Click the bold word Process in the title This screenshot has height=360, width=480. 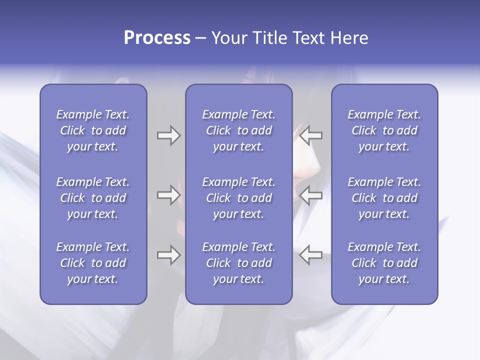(x=157, y=38)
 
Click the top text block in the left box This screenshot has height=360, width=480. (x=93, y=130)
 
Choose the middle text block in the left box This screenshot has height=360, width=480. (x=93, y=198)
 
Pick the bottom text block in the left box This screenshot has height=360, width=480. (x=93, y=263)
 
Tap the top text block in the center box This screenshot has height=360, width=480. (x=238, y=130)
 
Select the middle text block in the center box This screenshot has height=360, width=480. (x=238, y=198)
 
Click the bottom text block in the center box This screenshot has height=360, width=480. (x=238, y=263)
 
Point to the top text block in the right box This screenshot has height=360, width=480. (x=384, y=130)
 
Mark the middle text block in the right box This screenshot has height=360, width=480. (x=384, y=198)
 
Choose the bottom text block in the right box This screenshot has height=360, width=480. (x=384, y=263)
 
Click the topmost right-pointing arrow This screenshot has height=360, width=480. (x=168, y=135)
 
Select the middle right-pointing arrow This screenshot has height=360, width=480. (x=168, y=195)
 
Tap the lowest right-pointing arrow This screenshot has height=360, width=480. (x=168, y=255)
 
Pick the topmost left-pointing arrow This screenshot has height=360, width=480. (x=311, y=135)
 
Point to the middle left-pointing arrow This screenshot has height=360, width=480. (x=311, y=195)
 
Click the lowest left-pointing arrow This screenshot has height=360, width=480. (x=311, y=255)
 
